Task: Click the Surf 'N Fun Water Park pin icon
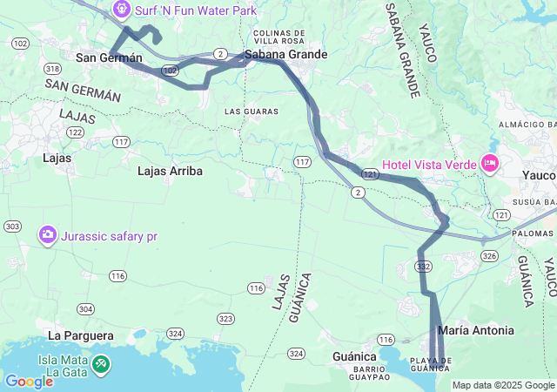pyautogui.click(x=123, y=10)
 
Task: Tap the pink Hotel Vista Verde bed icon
pyautogui.click(x=490, y=163)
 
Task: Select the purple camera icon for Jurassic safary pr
pyautogui.click(x=47, y=234)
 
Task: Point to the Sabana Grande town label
pyautogui.click(x=286, y=55)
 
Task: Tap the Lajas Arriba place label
pyautogui.click(x=170, y=172)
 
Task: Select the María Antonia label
pyautogui.click(x=476, y=331)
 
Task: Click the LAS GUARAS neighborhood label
pyautogui.click(x=251, y=112)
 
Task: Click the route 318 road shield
pyautogui.click(x=53, y=69)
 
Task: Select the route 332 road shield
pyautogui.click(x=424, y=265)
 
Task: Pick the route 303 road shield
pyautogui.click(x=12, y=226)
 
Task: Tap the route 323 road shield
pyautogui.click(x=225, y=319)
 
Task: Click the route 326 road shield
pyautogui.click(x=489, y=255)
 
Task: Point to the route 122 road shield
pyautogui.click(x=76, y=132)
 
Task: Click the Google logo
pyautogui.click(x=29, y=382)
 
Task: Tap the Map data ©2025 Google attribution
pyautogui.click(x=502, y=385)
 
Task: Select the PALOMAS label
pyautogui.click(x=532, y=233)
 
